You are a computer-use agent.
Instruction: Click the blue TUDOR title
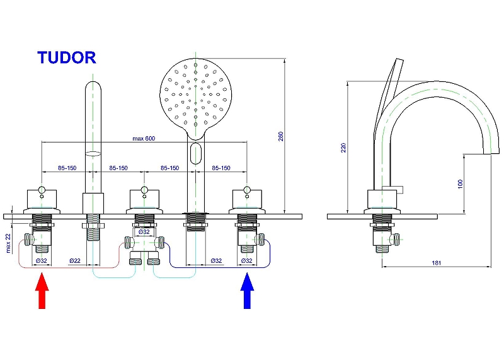tap(66, 57)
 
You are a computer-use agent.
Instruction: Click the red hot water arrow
tap(42, 290)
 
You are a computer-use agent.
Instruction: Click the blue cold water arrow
tap(248, 290)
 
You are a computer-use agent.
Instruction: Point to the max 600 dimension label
tap(144, 138)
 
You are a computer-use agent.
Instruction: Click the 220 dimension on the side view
tap(343, 147)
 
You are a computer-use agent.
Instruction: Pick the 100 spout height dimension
tap(461, 183)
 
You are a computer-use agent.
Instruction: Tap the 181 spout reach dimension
tap(437, 262)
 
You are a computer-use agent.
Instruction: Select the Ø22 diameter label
tap(75, 260)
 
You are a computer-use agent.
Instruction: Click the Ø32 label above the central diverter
tap(144, 231)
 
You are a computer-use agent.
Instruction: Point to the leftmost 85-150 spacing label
tap(67, 168)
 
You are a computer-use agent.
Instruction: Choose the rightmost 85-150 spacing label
tap(221, 168)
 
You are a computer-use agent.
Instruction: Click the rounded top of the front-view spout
tap(93, 88)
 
